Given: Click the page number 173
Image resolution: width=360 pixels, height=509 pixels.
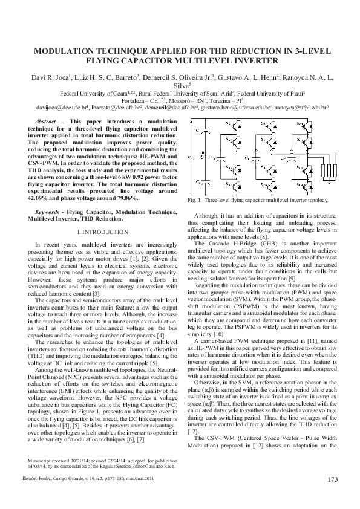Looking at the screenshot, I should [x=332, y=481].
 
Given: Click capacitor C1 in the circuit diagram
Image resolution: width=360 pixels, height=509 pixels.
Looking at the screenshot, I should [x=201, y=131].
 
